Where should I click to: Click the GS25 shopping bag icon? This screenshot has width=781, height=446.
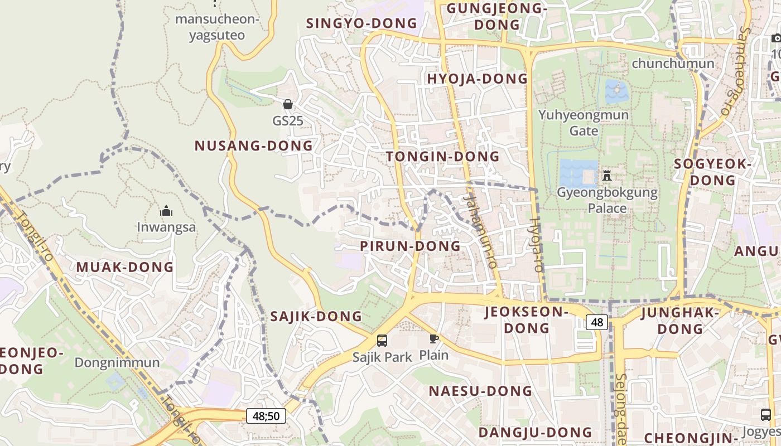coord(288,104)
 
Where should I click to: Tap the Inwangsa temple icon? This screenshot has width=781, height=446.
coord(166,211)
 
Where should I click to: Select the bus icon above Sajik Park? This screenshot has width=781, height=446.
coord(382,340)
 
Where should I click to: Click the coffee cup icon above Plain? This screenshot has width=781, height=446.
coord(434,338)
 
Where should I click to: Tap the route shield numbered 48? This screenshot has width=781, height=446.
coord(597,322)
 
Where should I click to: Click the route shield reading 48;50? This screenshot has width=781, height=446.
coord(266,416)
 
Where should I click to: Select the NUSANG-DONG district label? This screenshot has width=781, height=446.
coord(253,146)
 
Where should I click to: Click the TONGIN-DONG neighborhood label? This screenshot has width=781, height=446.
coord(443,157)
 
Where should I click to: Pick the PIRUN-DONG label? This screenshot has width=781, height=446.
coord(410,246)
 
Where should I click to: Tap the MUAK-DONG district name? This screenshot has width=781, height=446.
coord(125,267)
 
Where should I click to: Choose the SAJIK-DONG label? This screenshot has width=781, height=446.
coord(316,317)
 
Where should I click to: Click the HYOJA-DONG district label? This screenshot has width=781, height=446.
coord(477,79)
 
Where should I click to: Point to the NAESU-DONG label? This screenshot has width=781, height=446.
coord(480,391)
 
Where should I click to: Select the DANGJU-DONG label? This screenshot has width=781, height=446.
coord(535,433)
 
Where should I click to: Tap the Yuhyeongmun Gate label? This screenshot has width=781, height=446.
coord(584,123)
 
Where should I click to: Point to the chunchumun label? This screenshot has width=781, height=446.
coord(673,64)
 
